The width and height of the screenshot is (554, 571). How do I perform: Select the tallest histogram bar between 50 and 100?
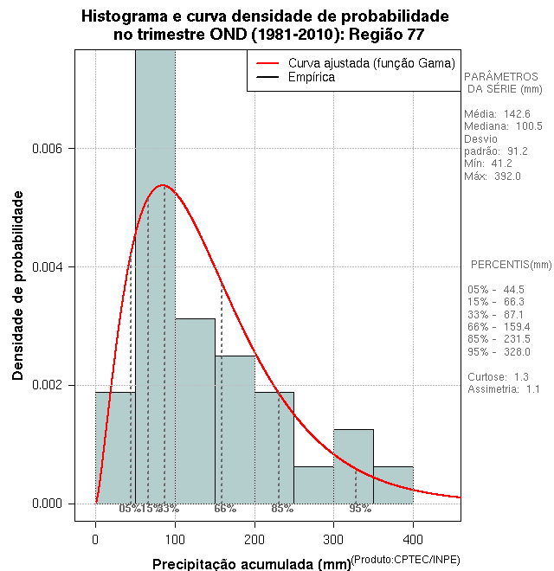(155, 277)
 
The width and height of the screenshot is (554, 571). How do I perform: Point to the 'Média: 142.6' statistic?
(497, 114)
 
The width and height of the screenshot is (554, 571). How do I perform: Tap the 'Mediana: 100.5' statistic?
(503, 126)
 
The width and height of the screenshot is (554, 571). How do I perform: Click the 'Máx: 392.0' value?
(493, 176)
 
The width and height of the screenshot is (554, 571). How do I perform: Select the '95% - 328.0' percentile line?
(498, 353)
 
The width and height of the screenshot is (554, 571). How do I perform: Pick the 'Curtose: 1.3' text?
(498, 377)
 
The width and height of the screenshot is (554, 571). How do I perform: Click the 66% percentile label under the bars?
(225, 509)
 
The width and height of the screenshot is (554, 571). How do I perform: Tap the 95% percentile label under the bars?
(360, 509)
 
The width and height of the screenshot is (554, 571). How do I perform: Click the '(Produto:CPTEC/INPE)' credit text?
(405, 560)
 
